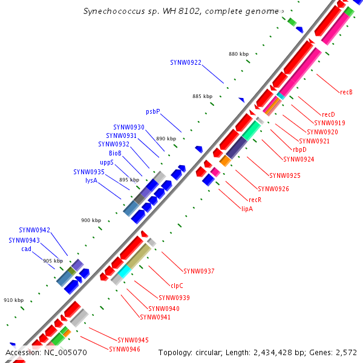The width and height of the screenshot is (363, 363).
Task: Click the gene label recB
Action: [346, 92]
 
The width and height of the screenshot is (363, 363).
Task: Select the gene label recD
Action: [328, 114]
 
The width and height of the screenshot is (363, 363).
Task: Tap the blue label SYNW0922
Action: [186, 62]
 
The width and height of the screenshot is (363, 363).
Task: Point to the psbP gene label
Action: [152, 111]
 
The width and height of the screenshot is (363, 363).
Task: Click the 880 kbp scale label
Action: [238, 54]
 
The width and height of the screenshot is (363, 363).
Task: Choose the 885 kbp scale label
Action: [202, 96]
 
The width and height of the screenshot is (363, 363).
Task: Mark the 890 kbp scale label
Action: [166, 139]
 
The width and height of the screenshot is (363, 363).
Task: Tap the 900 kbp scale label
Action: [91, 220]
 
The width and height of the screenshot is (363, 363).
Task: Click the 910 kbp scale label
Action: [13, 300]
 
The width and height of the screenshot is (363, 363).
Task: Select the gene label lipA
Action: [247, 209]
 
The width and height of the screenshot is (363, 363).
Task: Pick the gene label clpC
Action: [177, 285]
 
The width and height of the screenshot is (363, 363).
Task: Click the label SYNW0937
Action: [199, 271]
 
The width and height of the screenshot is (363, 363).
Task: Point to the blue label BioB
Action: [115, 153]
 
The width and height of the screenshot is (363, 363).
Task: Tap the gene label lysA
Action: [91, 180]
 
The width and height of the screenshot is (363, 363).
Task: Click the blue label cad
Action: [26, 249]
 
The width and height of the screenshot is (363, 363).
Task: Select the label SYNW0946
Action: [125, 349]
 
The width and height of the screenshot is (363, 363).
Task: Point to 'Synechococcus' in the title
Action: [113, 11]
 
